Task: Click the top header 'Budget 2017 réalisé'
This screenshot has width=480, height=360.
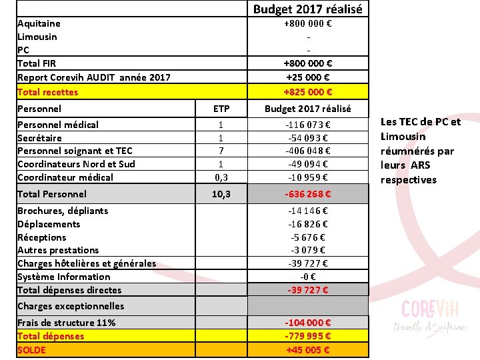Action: [308, 9]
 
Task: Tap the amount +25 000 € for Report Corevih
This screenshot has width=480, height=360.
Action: [308, 77]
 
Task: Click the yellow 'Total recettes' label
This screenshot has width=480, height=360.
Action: [47, 92]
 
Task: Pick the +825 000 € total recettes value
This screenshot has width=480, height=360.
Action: [308, 92]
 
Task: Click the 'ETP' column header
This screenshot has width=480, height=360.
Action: [221, 109]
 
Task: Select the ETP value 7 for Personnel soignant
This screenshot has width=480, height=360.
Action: [221, 151]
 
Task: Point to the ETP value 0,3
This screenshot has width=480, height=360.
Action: [221, 177]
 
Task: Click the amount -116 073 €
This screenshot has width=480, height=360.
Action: [308, 125]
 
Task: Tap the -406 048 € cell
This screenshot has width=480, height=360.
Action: [308, 151]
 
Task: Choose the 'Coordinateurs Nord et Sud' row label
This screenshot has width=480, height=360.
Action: [76, 164]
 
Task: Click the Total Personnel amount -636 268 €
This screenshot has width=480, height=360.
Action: [308, 195]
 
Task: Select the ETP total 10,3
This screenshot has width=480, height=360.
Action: [221, 194]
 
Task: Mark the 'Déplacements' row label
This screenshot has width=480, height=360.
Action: [49, 224]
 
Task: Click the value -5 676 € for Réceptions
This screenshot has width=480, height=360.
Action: [308, 237]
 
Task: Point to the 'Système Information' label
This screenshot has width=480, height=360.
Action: [64, 277]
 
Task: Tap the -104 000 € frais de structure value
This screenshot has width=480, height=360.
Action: [308, 323]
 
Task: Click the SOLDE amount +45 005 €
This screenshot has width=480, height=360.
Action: [308, 349]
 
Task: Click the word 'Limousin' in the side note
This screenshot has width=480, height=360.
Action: [402, 136]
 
